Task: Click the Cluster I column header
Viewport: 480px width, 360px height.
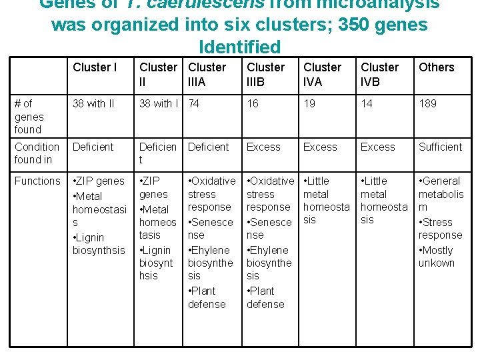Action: click(95, 67)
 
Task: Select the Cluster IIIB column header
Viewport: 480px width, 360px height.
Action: click(265, 73)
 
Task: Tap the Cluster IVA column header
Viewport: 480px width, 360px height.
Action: click(322, 73)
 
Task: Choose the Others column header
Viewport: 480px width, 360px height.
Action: click(436, 67)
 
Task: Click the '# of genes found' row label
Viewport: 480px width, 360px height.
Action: click(28, 116)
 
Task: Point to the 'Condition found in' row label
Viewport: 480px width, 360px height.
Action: click(37, 153)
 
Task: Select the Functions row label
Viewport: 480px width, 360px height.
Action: click(37, 181)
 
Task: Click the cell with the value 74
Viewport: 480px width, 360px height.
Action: click(194, 103)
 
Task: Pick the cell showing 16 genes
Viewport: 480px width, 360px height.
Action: click(253, 103)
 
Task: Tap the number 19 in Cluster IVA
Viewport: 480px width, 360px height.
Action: click(309, 103)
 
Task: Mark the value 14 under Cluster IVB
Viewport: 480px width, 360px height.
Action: click(367, 103)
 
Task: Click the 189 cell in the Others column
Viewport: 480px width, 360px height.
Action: click(428, 103)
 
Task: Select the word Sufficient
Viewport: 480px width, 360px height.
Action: click(440, 147)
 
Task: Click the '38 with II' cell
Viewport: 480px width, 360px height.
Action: click(93, 103)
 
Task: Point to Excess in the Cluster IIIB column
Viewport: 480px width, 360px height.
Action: click(263, 147)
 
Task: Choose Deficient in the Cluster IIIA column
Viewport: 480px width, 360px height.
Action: click(208, 147)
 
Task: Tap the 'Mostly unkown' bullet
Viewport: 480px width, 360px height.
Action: click(437, 257)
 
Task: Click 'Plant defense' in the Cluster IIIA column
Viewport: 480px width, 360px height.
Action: click(207, 297)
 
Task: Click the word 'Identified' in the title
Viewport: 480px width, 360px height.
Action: click(240, 47)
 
